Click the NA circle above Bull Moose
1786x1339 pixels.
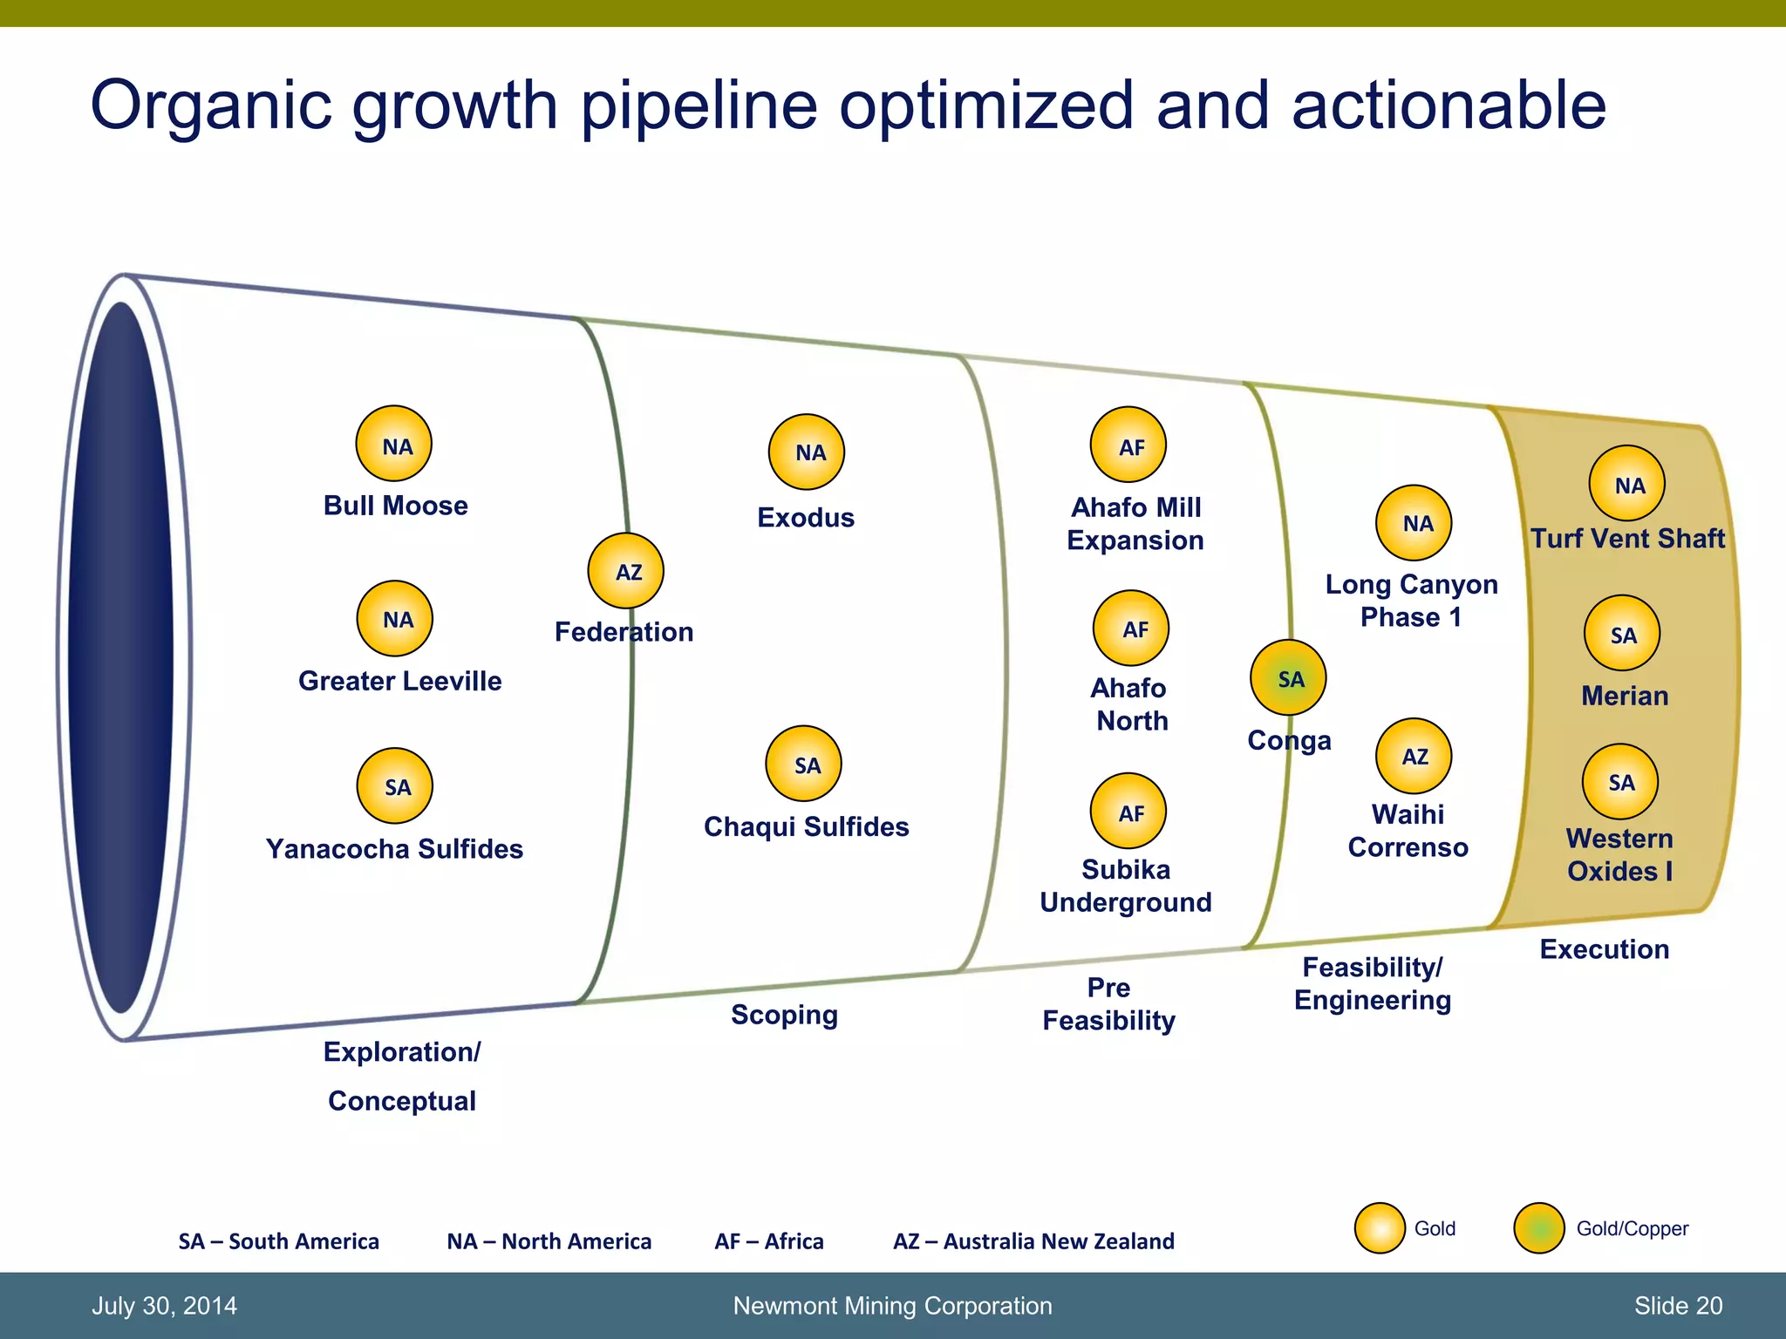click(x=393, y=444)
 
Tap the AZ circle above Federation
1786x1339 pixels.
click(x=626, y=571)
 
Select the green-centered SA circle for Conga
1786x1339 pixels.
click(x=1288, y=677)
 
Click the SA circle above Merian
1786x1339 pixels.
click(x=1621, y=633)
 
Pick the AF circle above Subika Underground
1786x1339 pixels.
click(x=1128, y=811)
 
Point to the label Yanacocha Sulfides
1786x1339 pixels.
click(x=394, y=848)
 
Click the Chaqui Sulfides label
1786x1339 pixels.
click(x=806, y=826)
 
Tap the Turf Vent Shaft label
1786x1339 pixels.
click(x=1627, y=538)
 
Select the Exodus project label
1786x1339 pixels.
click(x=805, y=518)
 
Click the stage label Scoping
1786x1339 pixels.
click(x=784, y=1015)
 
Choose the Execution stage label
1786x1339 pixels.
click(x=1604, y=948)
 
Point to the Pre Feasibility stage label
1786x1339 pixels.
click(x=1108, y=1003)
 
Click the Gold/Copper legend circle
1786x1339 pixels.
click(x=1539, y=1228)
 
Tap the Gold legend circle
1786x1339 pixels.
click(x=1380, y=1228)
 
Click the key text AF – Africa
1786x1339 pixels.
click(x=768, y=1240)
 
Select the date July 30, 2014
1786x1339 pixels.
click(x=164, y=1306)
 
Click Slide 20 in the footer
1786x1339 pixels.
click(x=1678, y=1306)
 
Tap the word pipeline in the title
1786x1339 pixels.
click(x=699, y=105)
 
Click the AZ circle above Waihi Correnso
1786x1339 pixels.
click(x=1414, y=756)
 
